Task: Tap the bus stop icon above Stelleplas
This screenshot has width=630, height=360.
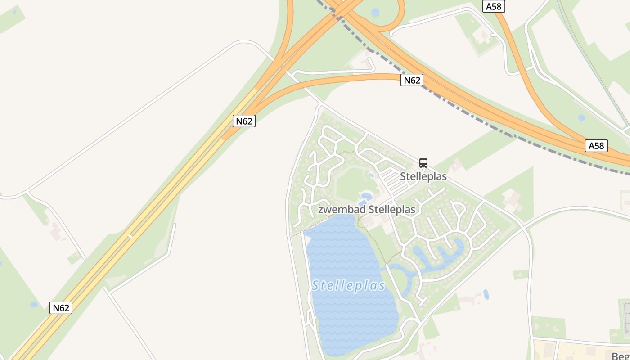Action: (423, 162)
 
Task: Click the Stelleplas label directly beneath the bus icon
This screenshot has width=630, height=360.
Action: (423, 176)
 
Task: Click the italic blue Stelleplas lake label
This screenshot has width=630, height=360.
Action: (349, 286)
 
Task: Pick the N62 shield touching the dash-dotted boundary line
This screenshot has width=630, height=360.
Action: (412, 80)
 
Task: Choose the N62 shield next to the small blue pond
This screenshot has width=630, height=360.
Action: (61, 308)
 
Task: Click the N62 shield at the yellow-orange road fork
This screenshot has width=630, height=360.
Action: (244, 121)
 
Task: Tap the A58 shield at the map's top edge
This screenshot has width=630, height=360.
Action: (494, 6)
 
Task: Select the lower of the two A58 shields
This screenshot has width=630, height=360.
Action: (596, 145)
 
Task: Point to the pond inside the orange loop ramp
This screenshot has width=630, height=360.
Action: (375, 12)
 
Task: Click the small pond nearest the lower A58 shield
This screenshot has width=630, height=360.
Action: (581, 118)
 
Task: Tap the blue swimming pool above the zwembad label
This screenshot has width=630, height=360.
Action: (365, 196)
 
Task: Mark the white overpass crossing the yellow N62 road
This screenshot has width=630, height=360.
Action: (130, 236)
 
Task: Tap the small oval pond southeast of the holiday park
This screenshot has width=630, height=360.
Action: (486, 295)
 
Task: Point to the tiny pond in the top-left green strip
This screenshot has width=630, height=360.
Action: (15, 11)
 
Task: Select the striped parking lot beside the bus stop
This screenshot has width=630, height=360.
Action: (391, 179)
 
